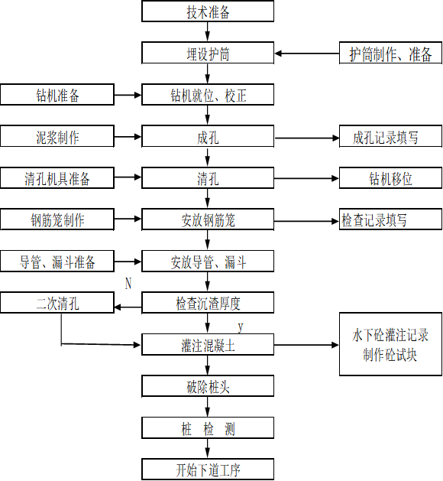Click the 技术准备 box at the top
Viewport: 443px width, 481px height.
(208, 12)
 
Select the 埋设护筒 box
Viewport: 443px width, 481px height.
(208, 54)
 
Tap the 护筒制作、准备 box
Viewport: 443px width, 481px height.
(390, 54)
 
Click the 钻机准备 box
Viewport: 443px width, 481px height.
(57, 96)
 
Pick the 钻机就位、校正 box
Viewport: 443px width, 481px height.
(208, 96)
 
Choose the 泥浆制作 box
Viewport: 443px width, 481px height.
(57, 138)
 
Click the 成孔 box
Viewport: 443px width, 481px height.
(208, 138)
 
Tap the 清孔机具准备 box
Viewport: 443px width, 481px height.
(57, 179)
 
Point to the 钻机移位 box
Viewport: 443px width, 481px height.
(390, 179)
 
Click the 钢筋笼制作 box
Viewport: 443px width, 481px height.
(57, 220)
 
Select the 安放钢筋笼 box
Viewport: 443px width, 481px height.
(208, 220)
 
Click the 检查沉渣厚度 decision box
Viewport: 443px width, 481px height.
(208, 304)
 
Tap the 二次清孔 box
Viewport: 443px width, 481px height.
(57, 304)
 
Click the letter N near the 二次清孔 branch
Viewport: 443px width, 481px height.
(128, 284)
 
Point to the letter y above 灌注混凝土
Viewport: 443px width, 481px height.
(240, 327)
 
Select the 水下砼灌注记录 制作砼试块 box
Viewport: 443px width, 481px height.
(390, 345)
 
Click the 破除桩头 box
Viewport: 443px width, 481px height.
(208, 386)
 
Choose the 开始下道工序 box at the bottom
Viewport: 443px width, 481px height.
(208, 469)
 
